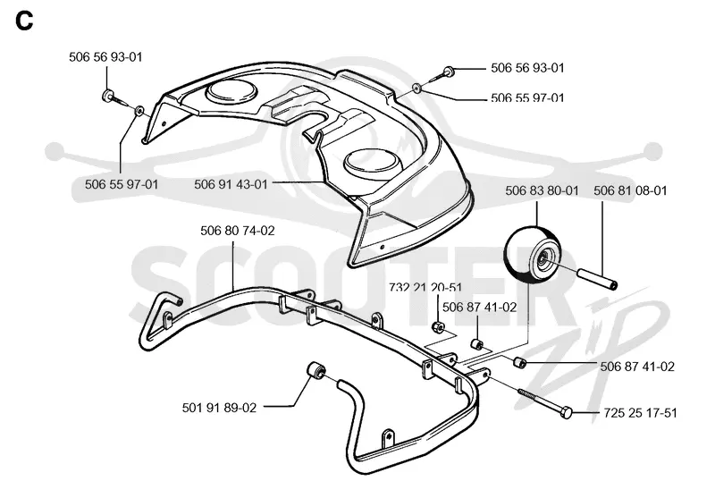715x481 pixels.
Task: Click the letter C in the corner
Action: tap(24, 21)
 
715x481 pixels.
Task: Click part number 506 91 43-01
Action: tap(231, 184)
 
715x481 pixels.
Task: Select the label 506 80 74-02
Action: tap(238, 231)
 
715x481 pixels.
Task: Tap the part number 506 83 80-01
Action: tap(542, 190)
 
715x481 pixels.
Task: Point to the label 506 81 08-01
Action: tap(630, 190)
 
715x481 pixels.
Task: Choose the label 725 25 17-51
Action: tap(640, 413)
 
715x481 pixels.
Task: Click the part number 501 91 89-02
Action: tap(219, 408)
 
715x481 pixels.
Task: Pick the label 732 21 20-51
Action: tap(425, 288)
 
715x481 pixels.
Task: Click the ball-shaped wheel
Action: tap(533, 253)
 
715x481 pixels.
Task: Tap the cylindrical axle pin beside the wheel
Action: tap(598, 278)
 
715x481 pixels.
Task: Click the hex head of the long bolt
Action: tap(566, 412)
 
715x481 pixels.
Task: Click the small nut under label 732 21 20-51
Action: tap(438, 326)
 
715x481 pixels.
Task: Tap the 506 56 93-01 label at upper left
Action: tap(105, 57)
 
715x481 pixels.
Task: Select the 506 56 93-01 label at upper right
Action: tap(527, 68)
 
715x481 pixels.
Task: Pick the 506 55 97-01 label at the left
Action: tap(122, 184)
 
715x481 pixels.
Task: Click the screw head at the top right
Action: tap(448, 72)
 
